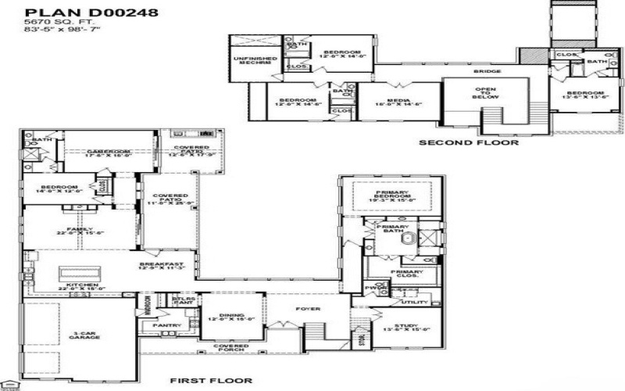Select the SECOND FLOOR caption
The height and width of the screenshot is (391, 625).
coord(469,143)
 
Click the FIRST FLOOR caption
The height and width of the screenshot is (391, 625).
coord(211,381)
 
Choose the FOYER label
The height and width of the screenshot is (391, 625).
coord(308,309)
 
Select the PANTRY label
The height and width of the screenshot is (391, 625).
coord(168,325)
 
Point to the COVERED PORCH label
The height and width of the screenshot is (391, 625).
coord(230,347)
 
